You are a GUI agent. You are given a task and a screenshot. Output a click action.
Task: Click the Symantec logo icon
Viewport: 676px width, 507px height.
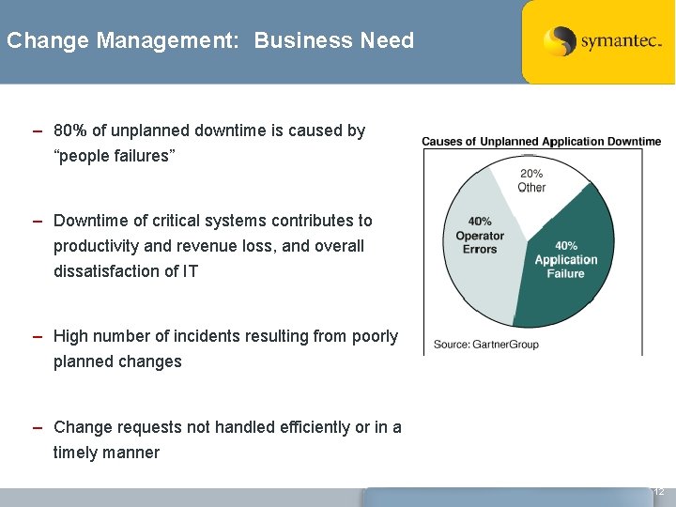(x=560, y=42)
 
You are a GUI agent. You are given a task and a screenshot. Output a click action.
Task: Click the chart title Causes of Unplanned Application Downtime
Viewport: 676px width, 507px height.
(x=541, y=142)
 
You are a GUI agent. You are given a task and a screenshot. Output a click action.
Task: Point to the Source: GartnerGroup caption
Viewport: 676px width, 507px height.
(x=485, y=345)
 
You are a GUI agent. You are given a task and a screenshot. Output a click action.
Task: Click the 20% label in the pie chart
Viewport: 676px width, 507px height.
(x=531, y=174)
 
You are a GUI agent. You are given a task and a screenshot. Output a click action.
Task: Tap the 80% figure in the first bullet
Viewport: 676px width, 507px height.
(x=70, y=131)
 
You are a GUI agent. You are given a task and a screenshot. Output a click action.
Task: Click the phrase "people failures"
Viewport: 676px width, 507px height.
(x=115, y=156)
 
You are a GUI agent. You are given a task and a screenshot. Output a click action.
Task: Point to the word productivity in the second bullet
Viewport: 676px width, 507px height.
(x=100, y=246)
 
